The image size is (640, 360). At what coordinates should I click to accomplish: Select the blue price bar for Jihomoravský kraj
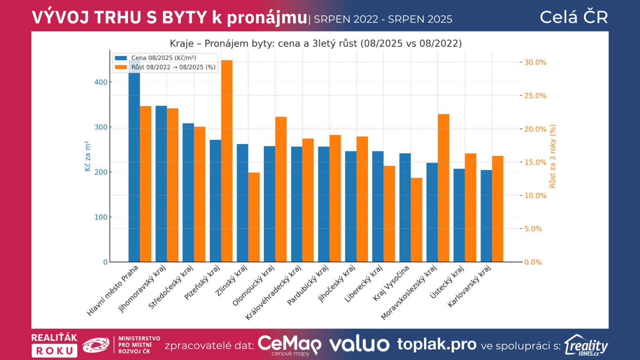tap(161, 184)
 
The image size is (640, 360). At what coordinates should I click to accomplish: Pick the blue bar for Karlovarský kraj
tap(486, 216)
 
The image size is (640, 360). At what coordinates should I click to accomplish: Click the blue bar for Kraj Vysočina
tap(405, 208)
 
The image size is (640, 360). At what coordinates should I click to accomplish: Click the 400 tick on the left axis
tap(101, 82)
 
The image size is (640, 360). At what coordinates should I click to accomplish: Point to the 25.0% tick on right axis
tap(535, 96)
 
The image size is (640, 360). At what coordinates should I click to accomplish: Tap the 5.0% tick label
tap(533, 229)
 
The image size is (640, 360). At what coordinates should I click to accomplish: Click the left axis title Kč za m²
tap(88, 156)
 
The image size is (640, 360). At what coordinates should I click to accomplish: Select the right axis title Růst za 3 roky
tap(553, 156)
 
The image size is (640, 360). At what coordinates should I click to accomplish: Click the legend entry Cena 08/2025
tap(164, 58)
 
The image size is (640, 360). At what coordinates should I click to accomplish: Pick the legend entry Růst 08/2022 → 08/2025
tap(173, 67)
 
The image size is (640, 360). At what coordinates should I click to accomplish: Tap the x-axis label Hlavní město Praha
tap(113, 290)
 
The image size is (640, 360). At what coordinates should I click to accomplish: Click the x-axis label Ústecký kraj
tap(447, 282)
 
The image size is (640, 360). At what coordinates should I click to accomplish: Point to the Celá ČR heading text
tap(574, 17)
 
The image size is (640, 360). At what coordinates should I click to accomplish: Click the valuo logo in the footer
tap(359, 344)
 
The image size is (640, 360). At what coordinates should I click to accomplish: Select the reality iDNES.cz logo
tap(586, 345)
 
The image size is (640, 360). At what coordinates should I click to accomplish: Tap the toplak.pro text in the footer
tap(436, 344)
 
